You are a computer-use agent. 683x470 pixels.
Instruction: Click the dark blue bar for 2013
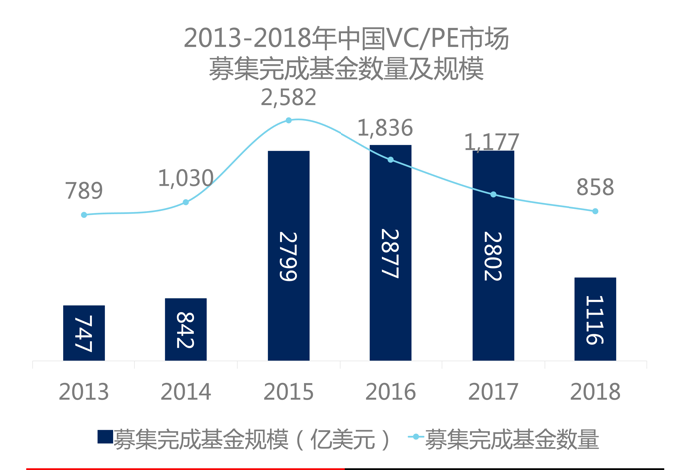tap(83, 333)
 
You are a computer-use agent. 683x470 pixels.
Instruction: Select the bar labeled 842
tap(186, 330)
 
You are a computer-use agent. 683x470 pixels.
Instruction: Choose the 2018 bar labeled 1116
tap(595, 319)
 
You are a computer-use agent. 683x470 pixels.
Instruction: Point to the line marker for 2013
tap(84, 215)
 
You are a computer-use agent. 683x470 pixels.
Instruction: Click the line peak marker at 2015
tap(289, 120)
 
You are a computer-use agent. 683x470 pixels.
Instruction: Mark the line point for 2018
tap(595, 211)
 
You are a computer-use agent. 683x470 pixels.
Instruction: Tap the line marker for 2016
tap(391, 159)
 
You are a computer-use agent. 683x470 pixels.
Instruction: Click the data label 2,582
tap(288, 97)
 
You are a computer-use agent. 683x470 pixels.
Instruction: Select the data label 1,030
tap(186, 179)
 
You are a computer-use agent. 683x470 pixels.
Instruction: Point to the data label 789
tap(84, 191)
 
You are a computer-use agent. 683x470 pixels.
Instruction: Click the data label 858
tap(594, 187)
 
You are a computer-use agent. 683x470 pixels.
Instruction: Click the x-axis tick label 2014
tap(186, 391)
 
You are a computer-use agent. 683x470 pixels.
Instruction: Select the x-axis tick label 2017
tap(494, 391)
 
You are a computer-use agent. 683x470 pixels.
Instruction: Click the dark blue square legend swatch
tap(104, 438)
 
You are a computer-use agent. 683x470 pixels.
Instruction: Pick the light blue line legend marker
tap(413, 438)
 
